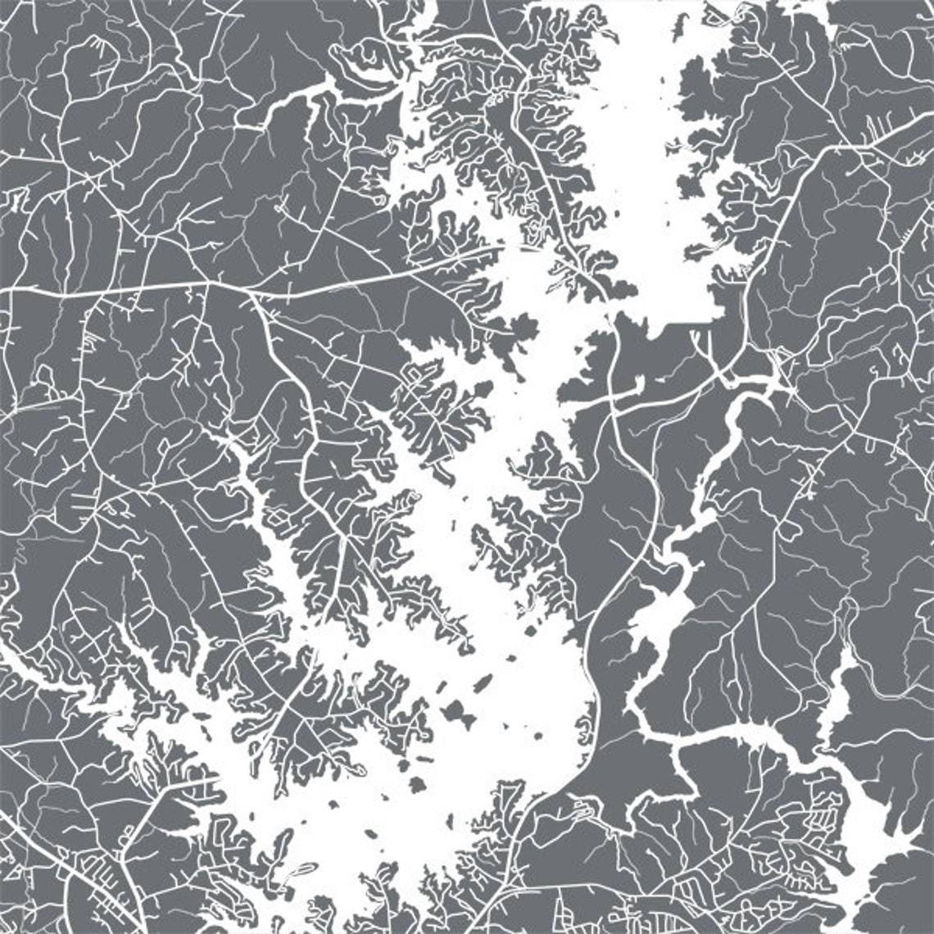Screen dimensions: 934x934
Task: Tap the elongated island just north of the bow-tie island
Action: click(x=483, y=682)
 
